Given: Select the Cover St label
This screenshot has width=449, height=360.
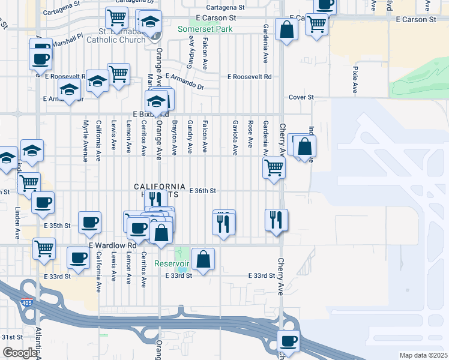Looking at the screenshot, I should point(301,97).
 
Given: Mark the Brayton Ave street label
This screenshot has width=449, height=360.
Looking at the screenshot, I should point(174,136).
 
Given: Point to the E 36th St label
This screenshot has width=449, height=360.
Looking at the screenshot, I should point(202,191).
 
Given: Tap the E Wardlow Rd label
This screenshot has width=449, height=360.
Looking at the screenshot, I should point(112,245).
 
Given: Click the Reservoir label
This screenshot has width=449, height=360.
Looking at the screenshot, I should point(172,263).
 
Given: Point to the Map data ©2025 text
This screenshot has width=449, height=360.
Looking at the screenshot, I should point(423,355).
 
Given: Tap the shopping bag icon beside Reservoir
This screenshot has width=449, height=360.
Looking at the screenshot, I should point(203,259).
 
